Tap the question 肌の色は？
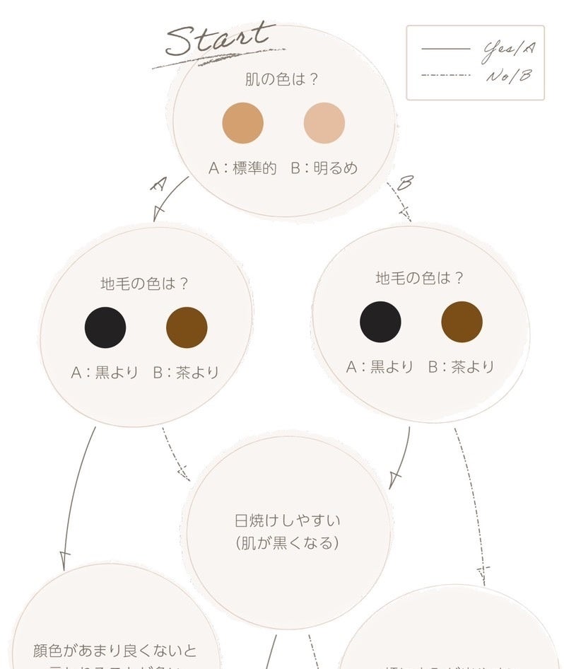point(281,78)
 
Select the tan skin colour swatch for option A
point(243,123)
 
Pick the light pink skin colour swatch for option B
point(324,123)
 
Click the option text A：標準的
point(242,168)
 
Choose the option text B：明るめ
point(324,168)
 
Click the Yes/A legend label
point(507,49)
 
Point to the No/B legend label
point(507,74)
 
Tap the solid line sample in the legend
point(445,49)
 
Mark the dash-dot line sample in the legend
point(445,74)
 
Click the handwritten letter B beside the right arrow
point(404,185)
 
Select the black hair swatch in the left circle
point(105,327)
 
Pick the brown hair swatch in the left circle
point(187,327)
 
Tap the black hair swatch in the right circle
point(380,322)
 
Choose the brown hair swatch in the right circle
point(462,322)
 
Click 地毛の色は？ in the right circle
point(420,278)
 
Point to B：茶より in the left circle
point(186,372)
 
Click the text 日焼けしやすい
point(287,520)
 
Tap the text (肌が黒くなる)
point(287,544)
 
